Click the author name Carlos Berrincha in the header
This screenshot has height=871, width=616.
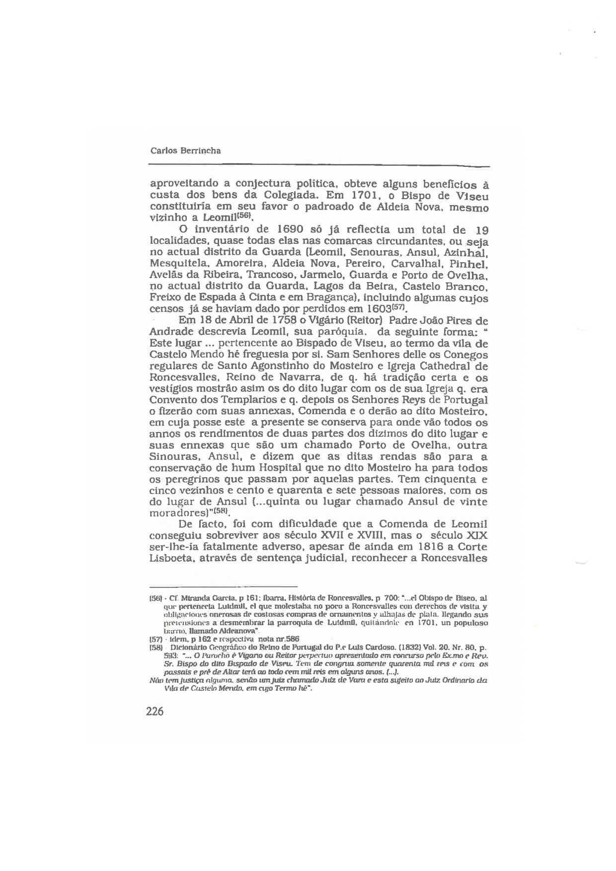[x=185, y=150]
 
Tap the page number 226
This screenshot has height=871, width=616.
[x=155, y=712]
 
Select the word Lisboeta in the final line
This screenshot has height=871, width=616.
[x=172, y=558]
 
